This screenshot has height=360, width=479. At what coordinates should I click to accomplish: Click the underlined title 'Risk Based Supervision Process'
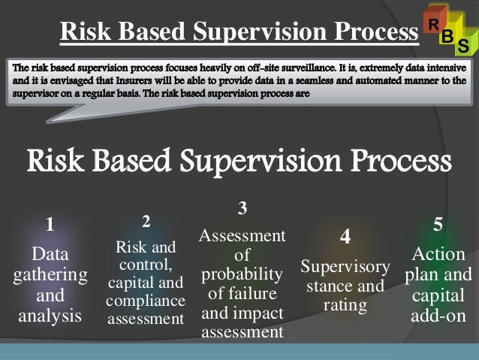[x=239, y=32]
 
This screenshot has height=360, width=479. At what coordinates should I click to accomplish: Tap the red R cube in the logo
[x=434, y=23]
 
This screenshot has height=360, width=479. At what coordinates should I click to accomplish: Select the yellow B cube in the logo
[x=447, y=36]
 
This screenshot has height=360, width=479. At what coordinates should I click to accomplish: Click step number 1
[x=50, y=224]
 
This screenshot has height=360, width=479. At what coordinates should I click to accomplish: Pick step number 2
[x=146, y=221]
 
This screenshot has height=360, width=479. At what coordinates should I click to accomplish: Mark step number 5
[x=438, y=224]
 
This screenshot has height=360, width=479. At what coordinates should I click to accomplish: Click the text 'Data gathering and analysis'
[x=50, y=284]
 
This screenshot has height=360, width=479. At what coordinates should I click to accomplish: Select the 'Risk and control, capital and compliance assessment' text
[x=146, y=283]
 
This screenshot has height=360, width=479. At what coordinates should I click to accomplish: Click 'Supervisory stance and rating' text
[x=345, y=286]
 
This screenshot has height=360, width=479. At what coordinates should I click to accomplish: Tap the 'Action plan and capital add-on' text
[x=438, y=284]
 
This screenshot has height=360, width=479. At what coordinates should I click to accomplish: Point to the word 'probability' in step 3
[x=242, y=274]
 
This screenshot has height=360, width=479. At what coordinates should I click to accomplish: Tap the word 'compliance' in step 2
[x=146, y=301]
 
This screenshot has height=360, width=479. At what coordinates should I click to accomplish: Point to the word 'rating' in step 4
[x=345, y=305]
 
